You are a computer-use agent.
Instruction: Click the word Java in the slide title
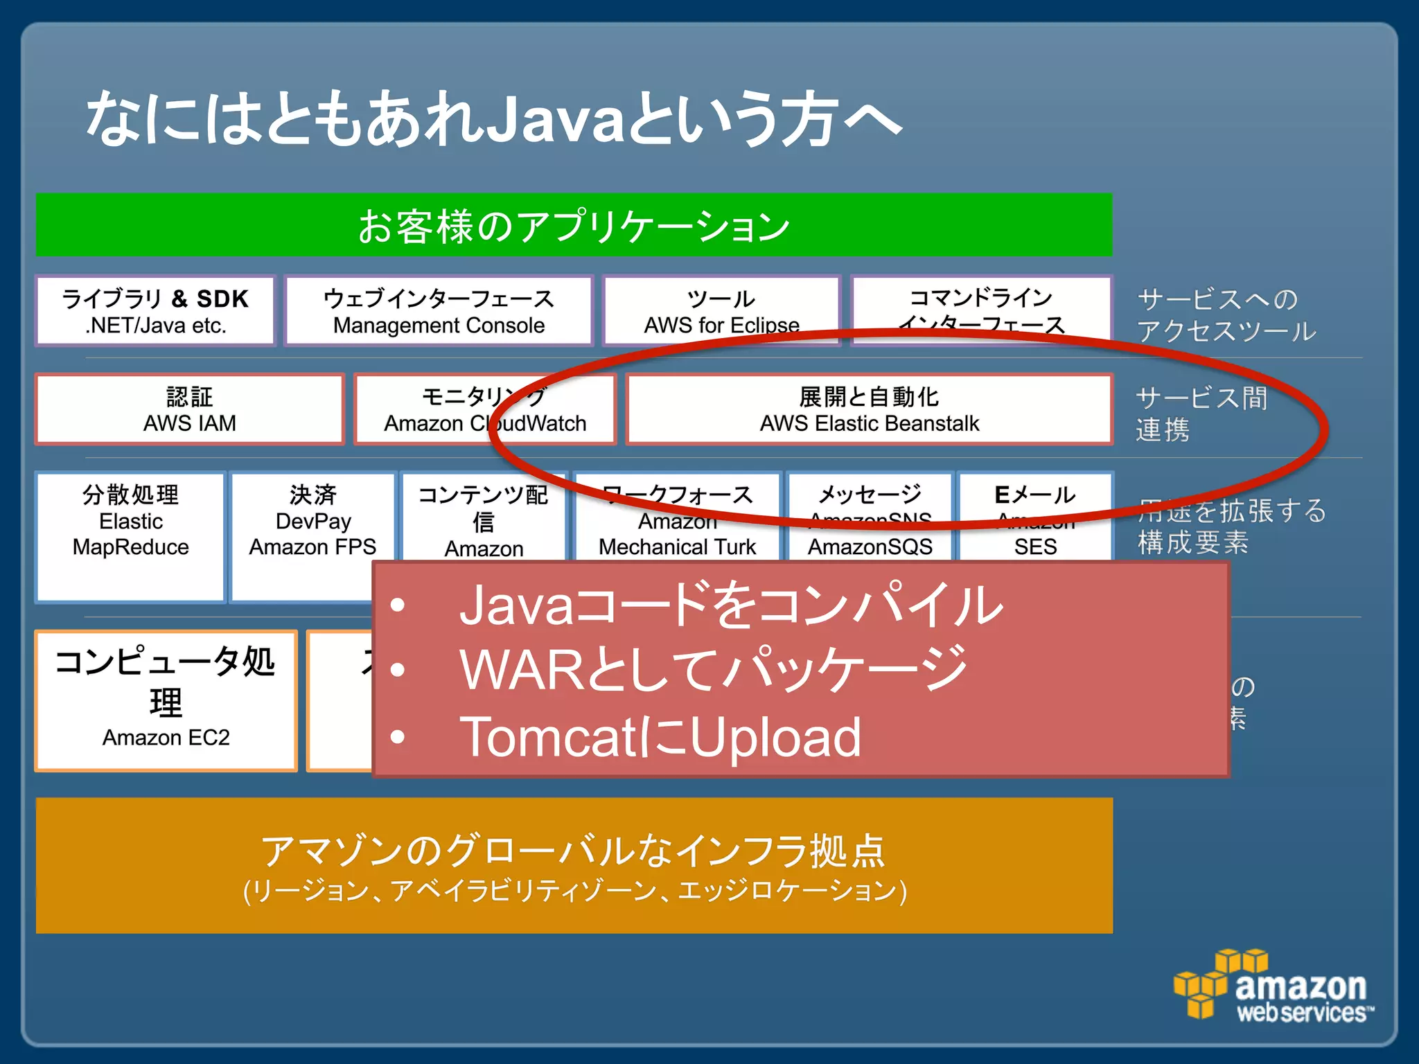pyautogui.click(x=551, y=119)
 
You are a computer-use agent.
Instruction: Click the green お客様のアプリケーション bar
pyautogui.click(x=574, y=225)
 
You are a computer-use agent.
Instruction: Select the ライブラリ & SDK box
pyautogui.click(x=155, y=310)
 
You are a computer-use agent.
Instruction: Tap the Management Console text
pyautogui.click(x=439, y=326)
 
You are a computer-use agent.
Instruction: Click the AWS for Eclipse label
pyautogui.click(x=721, y=326)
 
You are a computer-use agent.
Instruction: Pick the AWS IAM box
pyautogui.click(x=189, y=409)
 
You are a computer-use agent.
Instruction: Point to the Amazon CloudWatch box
pyautogui.click(x=484, y=409)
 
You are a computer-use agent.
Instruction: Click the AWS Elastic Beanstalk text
pyautogui.click(x=869, y=423)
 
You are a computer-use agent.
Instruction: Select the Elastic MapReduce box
pyautogui.click(x=130, y=535)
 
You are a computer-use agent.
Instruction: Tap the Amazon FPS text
pyautogui.click(x=312, y=547)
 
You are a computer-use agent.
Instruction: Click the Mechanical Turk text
pyautogui.click(x=677, y=547)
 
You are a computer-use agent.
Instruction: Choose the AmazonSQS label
pyautogui.click(x=870, y=547)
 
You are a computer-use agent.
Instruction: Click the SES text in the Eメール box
pyautogui.click(x=1035, y=547)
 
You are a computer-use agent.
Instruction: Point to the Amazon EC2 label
pyautogui.click(x=166, y=738)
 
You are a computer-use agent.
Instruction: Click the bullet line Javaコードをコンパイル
pyautogui.click(x=730, y=605)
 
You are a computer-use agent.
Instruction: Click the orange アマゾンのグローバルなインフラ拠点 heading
pyautogui.click(x=574, y=851)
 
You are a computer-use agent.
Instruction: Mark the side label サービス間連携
pyautogui.click(x=1201, y=414)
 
